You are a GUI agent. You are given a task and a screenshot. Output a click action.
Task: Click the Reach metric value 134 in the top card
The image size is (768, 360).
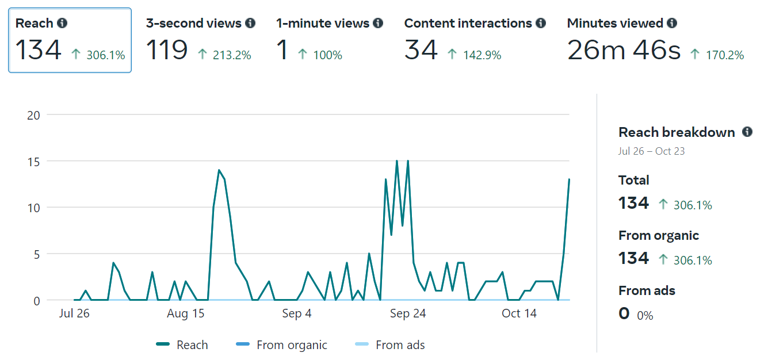pyautogui.click(x=38, y=50)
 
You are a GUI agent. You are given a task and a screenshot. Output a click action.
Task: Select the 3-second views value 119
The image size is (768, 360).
pyautogui.click(x=167, y=50)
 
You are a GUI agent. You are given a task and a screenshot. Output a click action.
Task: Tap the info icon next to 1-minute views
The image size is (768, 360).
pyautogui.click(x=378, y=23)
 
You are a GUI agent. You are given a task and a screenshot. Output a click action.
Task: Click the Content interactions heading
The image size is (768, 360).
pyautogui.click(x=468, y=23)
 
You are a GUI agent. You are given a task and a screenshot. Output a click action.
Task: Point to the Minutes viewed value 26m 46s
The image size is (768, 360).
pyautogui.click(x=624, y=50)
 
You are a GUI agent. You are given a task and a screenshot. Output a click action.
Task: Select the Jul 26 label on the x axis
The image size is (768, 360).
pyautogui.click(x=75, y=313)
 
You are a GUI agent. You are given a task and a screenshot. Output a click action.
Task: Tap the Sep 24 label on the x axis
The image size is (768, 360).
pyautogui.click(x=407, y=313)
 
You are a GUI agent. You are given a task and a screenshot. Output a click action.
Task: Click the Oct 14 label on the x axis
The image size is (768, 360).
pyautogui.click(x=519, y=313)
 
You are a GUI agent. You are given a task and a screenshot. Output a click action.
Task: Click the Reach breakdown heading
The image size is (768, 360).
pyautogui.click(x=677, y=132)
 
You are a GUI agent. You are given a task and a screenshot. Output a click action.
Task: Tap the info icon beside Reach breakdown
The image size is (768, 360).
pyautogui.click(x=747, y=132)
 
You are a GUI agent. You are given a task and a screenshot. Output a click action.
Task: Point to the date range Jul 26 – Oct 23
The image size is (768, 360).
pyautogui.click(x=651, y=151)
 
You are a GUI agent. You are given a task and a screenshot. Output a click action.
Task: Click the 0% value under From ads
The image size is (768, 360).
pyautogui.click(x=645, y=316)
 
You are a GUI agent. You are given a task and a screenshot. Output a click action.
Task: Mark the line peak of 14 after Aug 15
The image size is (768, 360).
pyautogui.click(x=219, y=170)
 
